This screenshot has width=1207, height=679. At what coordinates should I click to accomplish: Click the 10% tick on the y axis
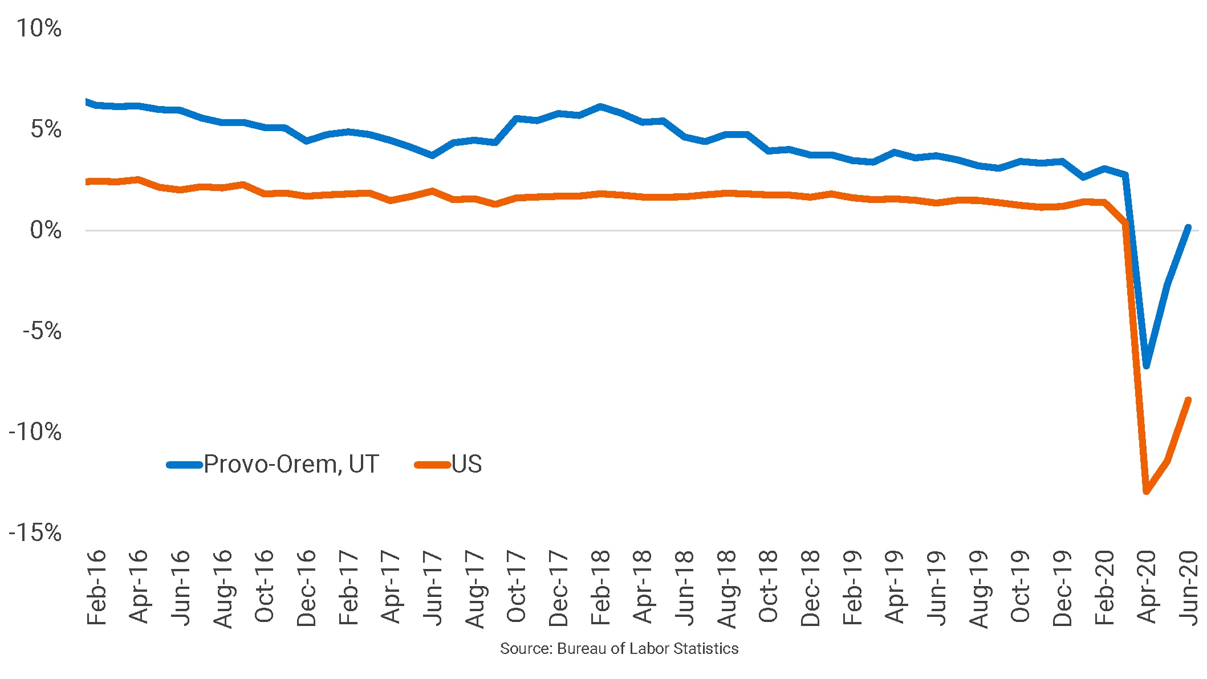39,28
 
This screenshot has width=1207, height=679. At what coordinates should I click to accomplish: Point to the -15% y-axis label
35,532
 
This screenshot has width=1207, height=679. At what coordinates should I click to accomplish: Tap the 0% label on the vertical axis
46,230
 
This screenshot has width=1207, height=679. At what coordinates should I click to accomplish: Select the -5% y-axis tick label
42,331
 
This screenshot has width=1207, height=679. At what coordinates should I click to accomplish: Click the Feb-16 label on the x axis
96,587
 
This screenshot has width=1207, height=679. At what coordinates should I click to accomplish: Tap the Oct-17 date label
517,587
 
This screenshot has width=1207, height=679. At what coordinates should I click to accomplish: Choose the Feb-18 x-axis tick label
600,587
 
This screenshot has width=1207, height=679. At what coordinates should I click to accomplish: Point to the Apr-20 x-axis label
1147,587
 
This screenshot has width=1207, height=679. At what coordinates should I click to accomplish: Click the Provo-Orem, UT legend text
291,464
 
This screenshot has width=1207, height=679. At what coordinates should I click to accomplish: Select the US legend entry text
466,464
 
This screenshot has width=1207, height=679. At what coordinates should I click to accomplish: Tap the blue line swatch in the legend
185,465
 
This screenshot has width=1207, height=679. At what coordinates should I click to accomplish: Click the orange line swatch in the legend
432,465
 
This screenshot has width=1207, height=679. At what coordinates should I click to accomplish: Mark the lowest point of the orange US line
1147,491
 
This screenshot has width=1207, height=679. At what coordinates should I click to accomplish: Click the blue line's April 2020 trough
1147,365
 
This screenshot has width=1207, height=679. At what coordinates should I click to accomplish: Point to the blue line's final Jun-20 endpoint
1188,227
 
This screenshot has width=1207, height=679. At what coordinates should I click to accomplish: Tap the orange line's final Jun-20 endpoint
1188,400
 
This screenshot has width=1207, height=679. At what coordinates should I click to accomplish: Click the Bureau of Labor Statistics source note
619,649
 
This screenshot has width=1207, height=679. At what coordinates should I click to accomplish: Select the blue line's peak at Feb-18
600,107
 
